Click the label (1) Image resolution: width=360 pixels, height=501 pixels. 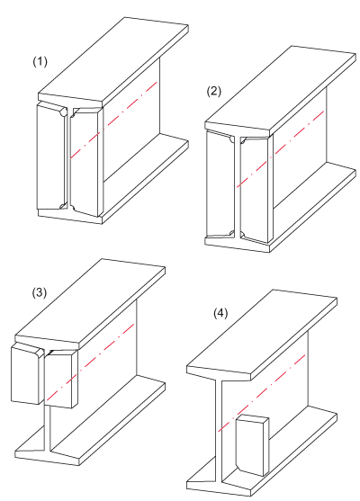coord(40,62)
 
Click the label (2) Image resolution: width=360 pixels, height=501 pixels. coord(214,92)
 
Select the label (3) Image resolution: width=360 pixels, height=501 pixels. coord(40,292)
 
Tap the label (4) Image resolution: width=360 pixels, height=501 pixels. coord(220,313)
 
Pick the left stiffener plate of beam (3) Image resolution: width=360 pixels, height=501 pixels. coord(27,374)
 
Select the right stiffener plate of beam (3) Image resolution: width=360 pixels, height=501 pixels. coord(61,379)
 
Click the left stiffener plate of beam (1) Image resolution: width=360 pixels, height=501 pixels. coord(52,157)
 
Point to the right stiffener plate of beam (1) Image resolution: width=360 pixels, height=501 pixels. coord(85,162)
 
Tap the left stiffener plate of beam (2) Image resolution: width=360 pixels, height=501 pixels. coord(220,185)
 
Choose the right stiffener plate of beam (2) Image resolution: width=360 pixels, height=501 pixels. coord(256,190)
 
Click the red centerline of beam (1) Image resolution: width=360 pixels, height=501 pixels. coord(113,120)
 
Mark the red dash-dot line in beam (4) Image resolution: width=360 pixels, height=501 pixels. coord(262,393)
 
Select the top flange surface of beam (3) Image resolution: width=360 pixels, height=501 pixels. coord(90,301)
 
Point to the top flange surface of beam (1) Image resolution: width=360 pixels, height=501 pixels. coord(113,59)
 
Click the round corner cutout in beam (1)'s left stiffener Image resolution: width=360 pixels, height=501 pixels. coord(64,112)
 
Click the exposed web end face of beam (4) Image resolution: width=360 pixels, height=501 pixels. coord(218,430)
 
